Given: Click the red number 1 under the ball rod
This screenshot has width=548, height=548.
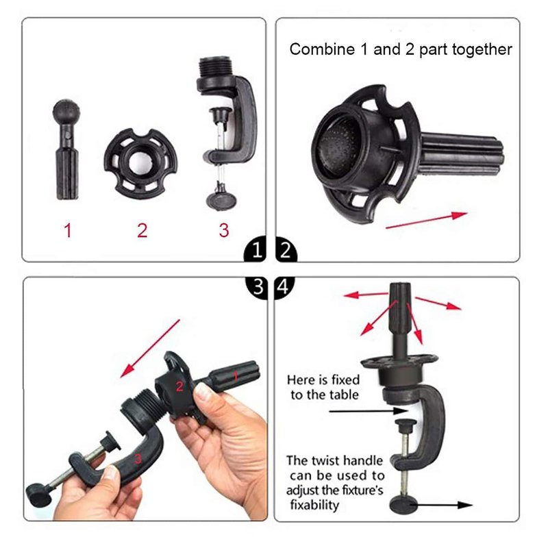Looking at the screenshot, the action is [68, 231].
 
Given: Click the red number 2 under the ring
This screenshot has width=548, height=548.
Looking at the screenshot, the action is [142, 231].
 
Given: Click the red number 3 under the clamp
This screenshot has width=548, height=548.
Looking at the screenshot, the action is [224, 230].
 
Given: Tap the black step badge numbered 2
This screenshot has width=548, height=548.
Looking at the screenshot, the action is [286, 250].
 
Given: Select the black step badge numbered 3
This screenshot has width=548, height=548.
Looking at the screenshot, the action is [258, 286].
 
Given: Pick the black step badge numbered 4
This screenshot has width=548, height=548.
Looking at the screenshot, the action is [284, 286].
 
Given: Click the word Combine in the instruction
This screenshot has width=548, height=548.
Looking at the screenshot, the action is [322, 49].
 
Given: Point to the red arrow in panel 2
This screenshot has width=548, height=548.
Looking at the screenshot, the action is [426, 220].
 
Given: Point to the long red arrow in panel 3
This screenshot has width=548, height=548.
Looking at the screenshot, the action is [150, 349].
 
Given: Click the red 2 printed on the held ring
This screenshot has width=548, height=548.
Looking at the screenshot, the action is [179, 386].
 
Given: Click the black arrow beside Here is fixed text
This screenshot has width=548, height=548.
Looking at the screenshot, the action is [369, 411].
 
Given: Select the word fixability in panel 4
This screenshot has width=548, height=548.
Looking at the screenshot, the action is [314, 506].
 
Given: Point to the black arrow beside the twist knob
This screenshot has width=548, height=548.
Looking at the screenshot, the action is [443, 505].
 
